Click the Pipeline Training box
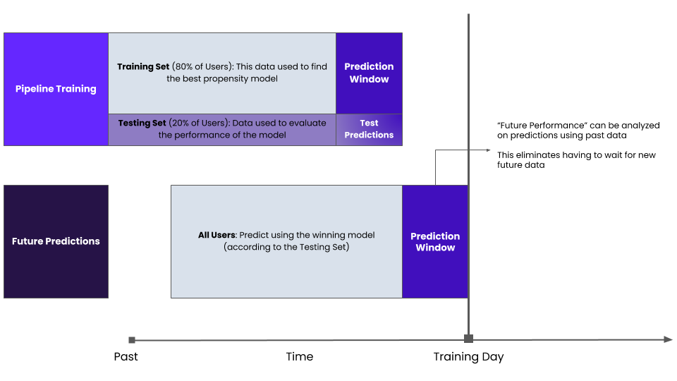point(56,89)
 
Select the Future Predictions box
point(56,241)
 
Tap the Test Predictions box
point(369,130)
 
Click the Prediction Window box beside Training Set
point(369,73)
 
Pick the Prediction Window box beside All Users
point(435,241)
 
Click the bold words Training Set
point(143,67)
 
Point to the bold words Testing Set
point(142,123)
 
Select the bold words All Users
point(216,235)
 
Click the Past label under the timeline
point(126,356)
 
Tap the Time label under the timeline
point(300,356)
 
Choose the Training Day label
point(468,357)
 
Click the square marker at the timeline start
point(132,340)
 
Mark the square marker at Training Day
point(468,339)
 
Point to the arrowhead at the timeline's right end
point(669,339)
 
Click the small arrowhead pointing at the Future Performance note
point(488,150)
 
